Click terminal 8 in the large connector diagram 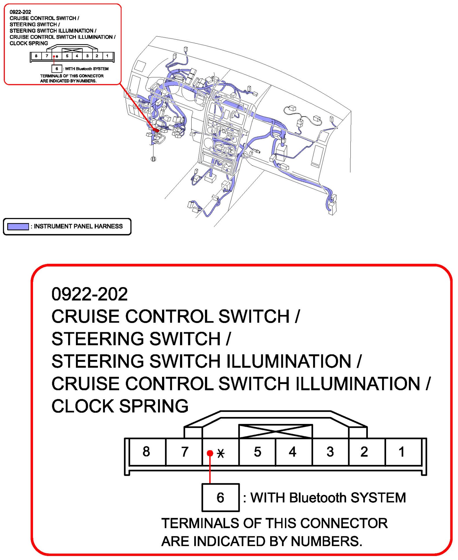146,451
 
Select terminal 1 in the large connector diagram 401,452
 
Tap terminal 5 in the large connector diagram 257,452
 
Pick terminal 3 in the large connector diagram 330,452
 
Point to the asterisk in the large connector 221,453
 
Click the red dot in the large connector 210,453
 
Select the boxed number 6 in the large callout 220,497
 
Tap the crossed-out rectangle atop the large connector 275,431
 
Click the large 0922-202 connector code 90,294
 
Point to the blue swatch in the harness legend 18,226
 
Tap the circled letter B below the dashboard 153,159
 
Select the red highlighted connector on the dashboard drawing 156,130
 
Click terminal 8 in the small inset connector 36,56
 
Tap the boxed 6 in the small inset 57,69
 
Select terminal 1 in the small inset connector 107,56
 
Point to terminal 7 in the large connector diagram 185,452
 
